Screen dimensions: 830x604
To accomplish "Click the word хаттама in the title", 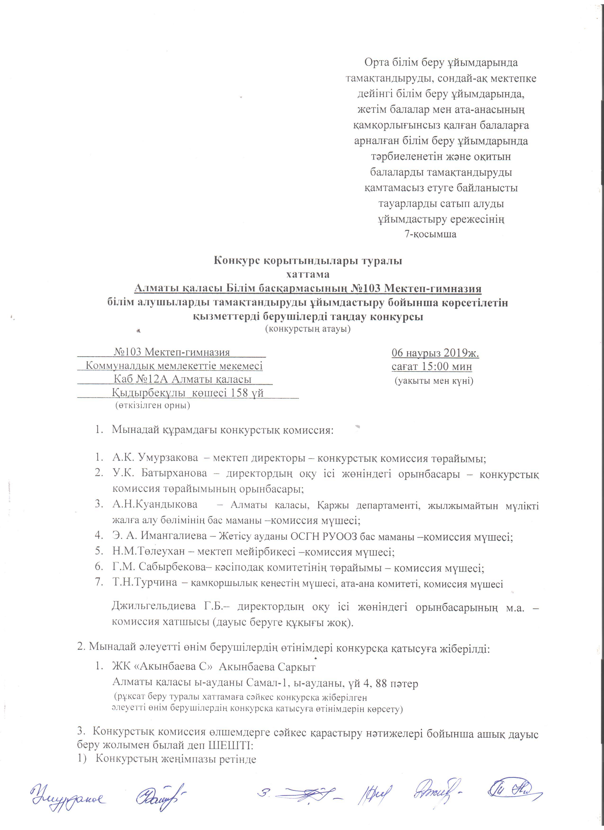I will (308, 274).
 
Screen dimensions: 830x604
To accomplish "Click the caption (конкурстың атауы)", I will (308, 329).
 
